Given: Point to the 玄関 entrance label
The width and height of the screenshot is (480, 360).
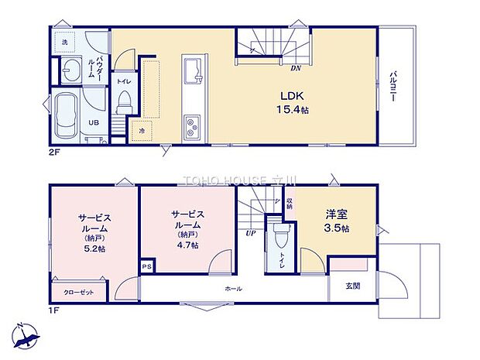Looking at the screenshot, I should pyautogui.click(x=341, y=286).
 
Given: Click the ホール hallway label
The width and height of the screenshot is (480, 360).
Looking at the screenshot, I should pyautogui.click(x=234, y=289).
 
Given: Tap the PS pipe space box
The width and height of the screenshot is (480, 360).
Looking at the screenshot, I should pyautogui.click(x=147, y=266).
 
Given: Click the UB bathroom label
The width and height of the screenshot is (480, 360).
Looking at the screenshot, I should pyautogui.click(x=91, y=123).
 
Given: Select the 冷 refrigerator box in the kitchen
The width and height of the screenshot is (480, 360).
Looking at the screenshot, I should pyautogui.click(x=141, y=131).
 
